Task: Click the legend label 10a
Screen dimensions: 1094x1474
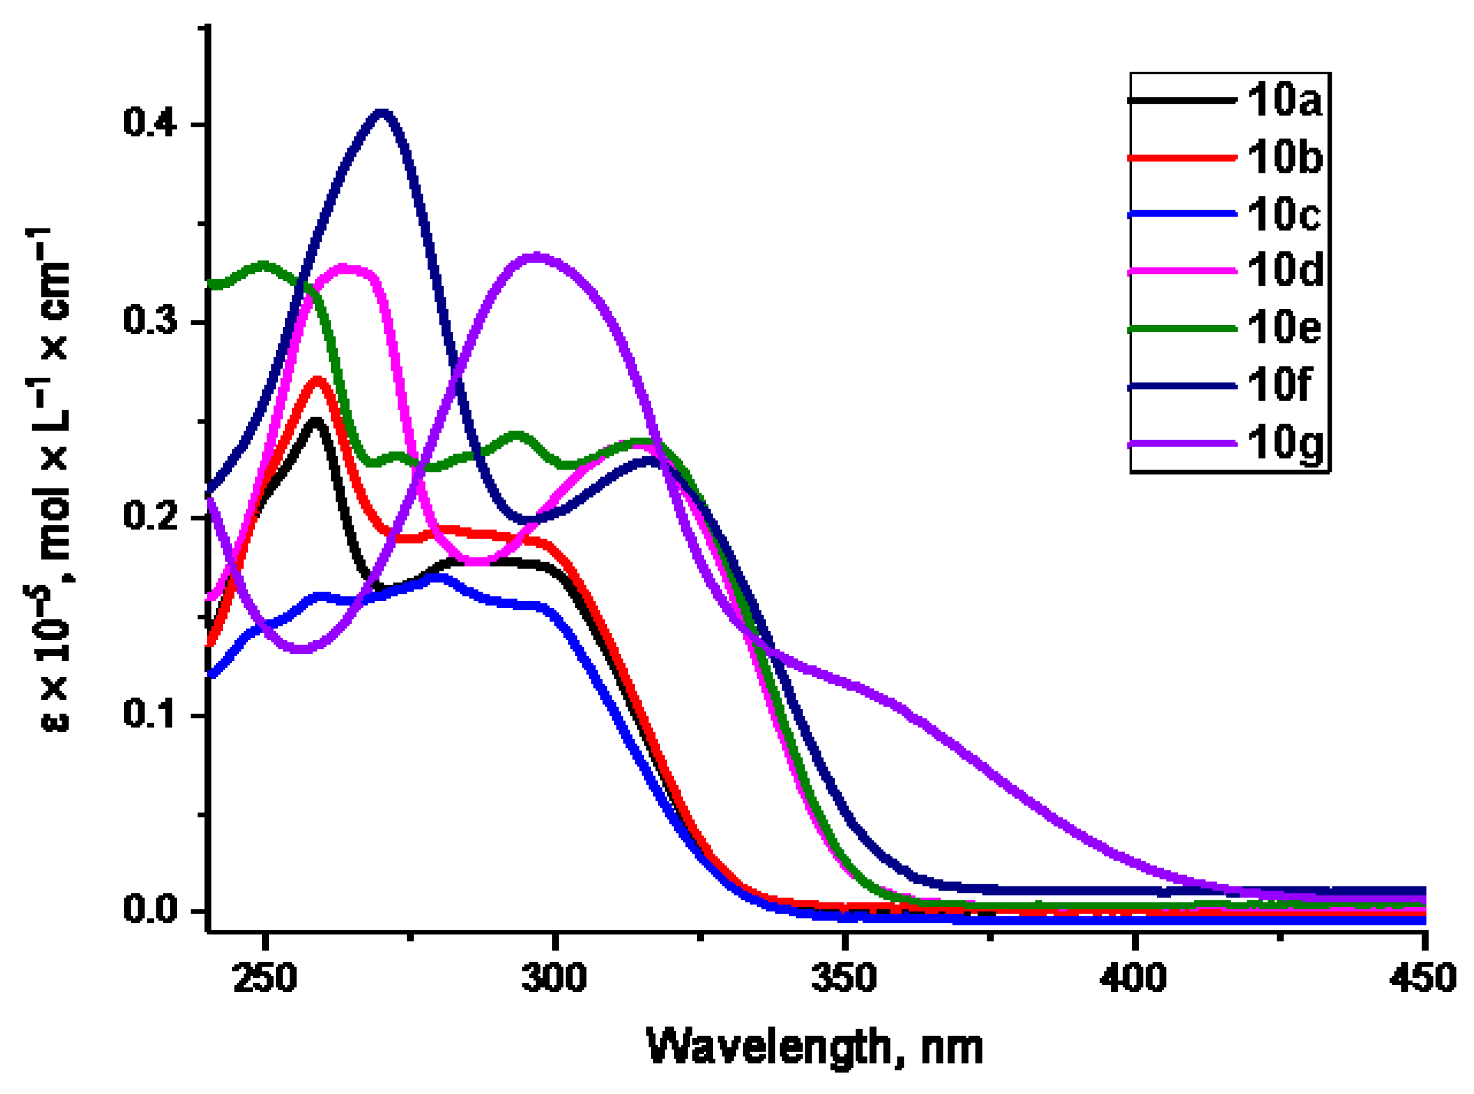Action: click(x=1284, y=101)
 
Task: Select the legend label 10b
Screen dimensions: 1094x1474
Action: click(x=1284, y=158)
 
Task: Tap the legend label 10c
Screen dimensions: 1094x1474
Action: click(x=1283, y=214)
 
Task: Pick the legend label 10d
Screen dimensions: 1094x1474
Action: click(x=1284, y=270)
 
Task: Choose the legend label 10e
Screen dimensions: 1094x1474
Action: click(x=1284, y=327)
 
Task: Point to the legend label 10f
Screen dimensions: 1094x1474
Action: click(x=1278, y=384)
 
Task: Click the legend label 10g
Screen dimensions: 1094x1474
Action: click(x=1284, y=442)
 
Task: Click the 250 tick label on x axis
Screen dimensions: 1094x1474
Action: click(x=265, y=978)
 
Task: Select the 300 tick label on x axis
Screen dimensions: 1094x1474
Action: click(x=554, y=978)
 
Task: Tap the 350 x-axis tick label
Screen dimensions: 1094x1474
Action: click(x=844, y=978)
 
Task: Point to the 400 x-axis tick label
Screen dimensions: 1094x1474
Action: click(x=1133, y=978)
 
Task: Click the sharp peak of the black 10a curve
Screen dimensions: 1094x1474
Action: click(x=316, y=421)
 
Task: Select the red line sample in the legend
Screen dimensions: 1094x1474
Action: click(x=1182, y=158)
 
